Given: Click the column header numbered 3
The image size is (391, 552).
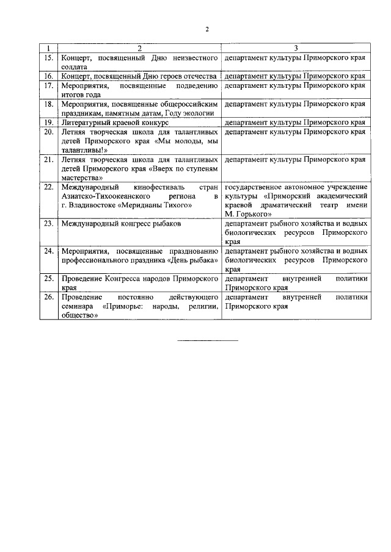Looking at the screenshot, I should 296,48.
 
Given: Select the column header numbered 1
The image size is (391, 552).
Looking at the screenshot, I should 48,48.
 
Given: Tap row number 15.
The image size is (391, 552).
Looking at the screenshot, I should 48,57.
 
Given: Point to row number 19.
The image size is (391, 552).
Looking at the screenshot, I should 48,122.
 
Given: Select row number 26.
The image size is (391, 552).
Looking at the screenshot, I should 48,296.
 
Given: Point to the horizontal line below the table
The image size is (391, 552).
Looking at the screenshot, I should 207,340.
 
